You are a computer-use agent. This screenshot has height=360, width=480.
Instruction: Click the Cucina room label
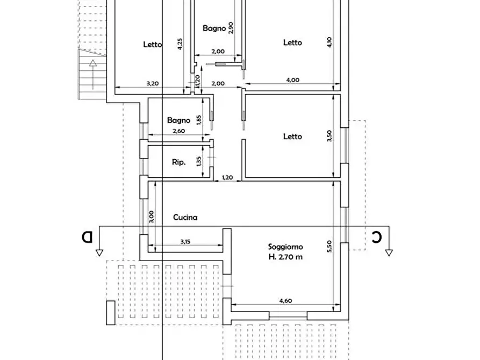185,218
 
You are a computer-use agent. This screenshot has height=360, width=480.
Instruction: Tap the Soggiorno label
285,247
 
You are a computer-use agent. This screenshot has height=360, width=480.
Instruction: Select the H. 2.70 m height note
285,256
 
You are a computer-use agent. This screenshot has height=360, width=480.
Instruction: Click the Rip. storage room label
178,162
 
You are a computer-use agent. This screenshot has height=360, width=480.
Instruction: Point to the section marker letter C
378,236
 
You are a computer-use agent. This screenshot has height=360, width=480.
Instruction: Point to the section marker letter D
87,236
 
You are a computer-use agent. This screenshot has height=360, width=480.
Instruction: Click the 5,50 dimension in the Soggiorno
329,245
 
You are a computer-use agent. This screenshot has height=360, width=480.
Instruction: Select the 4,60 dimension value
285,301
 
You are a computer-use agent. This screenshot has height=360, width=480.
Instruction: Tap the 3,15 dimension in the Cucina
184,241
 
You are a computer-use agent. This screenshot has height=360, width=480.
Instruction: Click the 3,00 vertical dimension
152,217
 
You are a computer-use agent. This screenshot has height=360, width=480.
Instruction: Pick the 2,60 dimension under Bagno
178,131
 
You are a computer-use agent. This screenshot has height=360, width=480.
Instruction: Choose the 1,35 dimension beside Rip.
198,161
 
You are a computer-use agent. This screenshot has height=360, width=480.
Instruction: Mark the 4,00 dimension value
292,80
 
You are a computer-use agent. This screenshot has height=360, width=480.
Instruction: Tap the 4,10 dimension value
329,42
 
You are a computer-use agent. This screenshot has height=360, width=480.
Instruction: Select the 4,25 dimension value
180,44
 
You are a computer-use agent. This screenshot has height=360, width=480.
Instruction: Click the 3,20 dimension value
152,83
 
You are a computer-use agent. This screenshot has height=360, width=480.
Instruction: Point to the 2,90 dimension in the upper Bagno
231,27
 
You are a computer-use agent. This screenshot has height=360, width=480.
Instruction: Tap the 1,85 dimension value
198,119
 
